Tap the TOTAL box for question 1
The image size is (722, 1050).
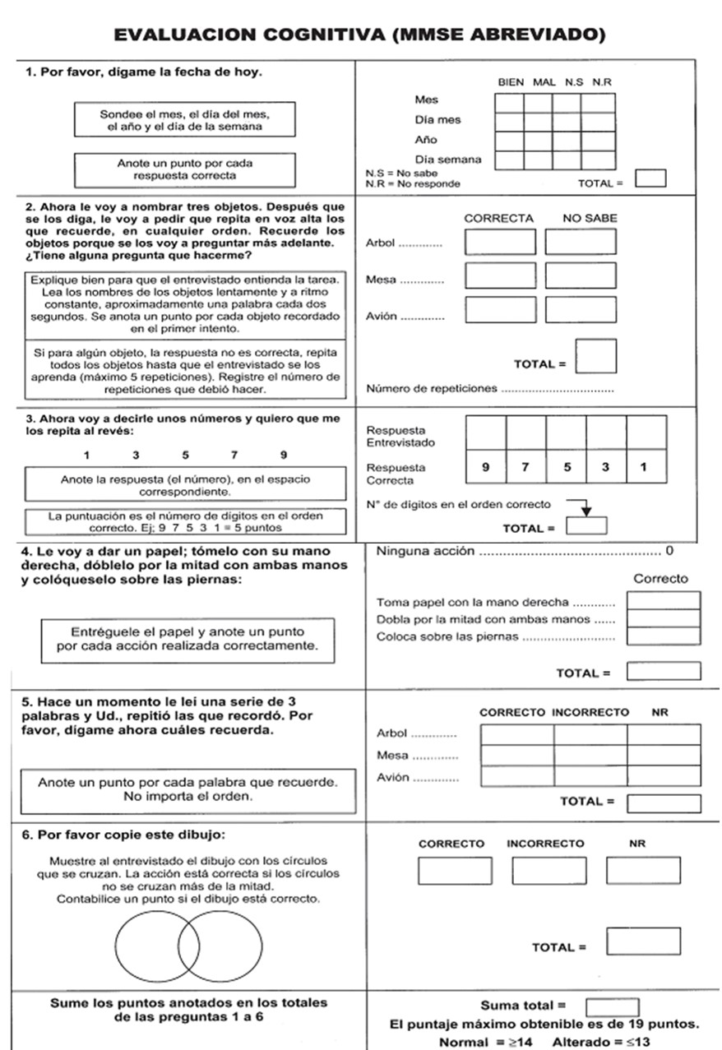[651, 178]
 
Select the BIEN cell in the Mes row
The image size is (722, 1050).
[509, 102]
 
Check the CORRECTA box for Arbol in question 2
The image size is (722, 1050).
[500, 243]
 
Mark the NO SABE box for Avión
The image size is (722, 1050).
[581, 309]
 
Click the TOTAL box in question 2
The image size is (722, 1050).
[596, 356]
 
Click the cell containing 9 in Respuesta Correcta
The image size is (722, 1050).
[486, 468]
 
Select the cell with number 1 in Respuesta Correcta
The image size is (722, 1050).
[646, 468]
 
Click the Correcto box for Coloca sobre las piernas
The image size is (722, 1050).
[664, 636]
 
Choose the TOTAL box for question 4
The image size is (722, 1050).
[664, 672]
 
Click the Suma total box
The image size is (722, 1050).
[612, 1006]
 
